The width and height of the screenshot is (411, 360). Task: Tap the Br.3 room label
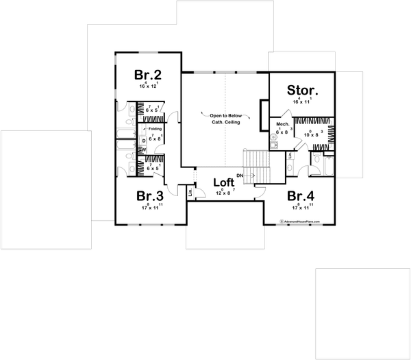point(148,195)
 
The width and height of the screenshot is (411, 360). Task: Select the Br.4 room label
point(301,195)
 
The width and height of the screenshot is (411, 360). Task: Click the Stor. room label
point(301,91)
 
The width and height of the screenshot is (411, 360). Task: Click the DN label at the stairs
point(240,176)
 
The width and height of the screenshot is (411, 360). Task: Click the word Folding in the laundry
point(155,128)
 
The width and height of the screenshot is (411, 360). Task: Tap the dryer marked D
point(144,140)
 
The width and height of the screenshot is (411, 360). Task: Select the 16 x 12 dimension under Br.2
point(148,87)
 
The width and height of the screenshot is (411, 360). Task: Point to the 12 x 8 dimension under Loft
point(223,193)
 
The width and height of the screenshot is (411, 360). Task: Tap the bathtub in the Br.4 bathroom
point(329,166)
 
